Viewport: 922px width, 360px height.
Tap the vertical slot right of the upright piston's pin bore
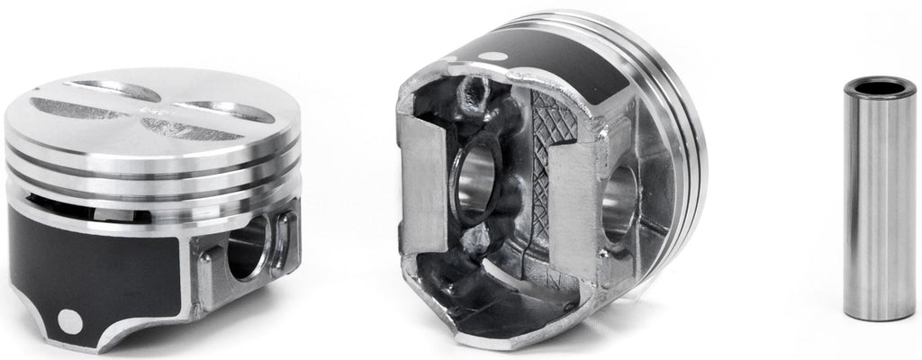click(286, 241)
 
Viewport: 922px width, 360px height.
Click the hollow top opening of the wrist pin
click(880, 88)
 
